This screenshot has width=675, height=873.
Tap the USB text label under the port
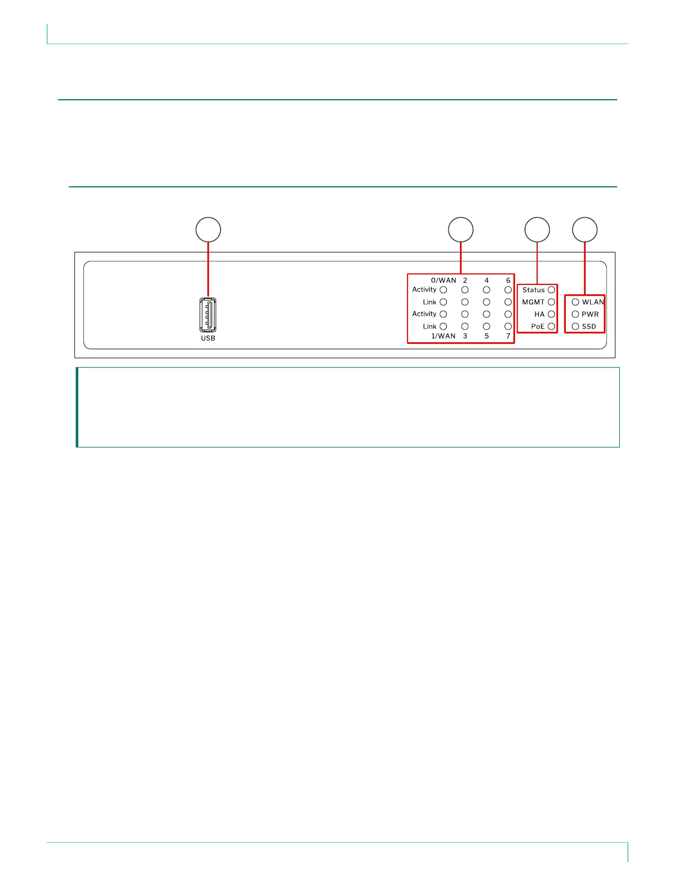(x=208, y=338)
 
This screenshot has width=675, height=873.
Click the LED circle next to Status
(x=551, y=290)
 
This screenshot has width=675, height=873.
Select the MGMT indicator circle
(x=551, y=302)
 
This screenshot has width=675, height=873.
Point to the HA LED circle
(x=551, y=314)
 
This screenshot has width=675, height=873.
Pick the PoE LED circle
(x=551, y=326)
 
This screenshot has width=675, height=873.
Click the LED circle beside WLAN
(x=575, y=302)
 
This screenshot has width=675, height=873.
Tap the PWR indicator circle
(x=575, y=314)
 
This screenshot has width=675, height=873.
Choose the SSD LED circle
(x=575, y=326)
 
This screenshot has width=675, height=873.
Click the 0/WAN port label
(x=443, y=281)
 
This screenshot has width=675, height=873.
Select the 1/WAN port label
(x=443, y=336)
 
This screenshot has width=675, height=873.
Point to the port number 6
(x=508, y=281)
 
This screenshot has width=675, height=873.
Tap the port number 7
(x=508, y=336)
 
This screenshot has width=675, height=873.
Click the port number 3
(x=465, y=336)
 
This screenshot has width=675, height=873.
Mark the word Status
(x=533, y=290)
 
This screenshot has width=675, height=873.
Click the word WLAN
(x=593, y=302)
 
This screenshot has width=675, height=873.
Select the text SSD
(x=589, y=326)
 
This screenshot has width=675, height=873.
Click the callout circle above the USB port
(x=208, y=230)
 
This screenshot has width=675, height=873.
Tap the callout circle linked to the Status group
(x=537, y=230)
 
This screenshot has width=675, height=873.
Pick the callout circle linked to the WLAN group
(x=585, y=230)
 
